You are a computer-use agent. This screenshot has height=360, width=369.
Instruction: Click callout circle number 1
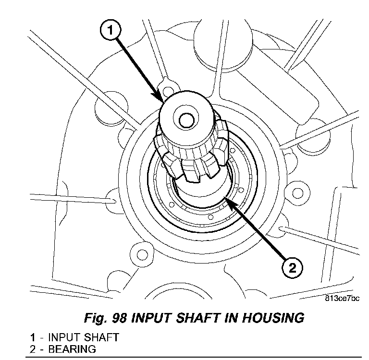coord(110,31)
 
